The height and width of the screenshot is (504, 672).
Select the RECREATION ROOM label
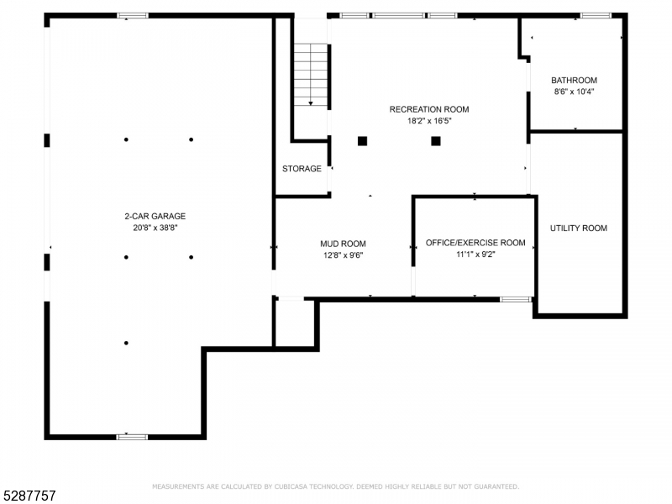click(428, 109)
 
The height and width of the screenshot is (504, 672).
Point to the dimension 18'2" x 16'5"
click(428, 121)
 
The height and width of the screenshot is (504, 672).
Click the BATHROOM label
click(574, 81)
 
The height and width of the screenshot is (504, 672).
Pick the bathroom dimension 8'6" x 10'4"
click(574, 92)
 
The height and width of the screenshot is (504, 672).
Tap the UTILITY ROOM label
click(578, 228)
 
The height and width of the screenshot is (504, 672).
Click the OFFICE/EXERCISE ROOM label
click(475, 243)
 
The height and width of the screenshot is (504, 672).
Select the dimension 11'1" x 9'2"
click(475, 254)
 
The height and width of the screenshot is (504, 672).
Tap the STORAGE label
click(302, 169)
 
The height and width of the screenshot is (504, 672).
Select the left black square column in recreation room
click(363, 141)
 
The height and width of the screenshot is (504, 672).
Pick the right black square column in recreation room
click(436, 141)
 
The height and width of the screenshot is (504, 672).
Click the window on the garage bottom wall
click(132, 436)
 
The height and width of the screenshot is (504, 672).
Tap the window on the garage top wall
click(132, 15)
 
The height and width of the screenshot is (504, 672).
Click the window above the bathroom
click(596, 15)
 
